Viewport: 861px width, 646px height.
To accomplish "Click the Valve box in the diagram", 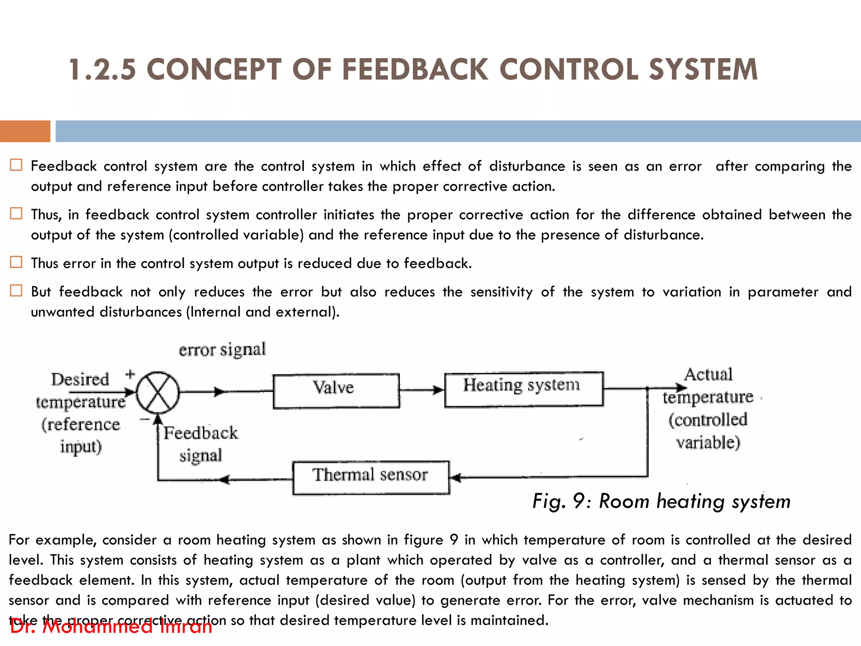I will pyautogui.click(x=336, y=391).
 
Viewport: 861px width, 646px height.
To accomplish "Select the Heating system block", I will pyautogui.click(x=524, y=389).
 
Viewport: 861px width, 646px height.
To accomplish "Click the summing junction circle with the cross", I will pyautogui.click(x=158, y=392).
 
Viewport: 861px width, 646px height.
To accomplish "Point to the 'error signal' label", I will pyautogui.click(x=222, y=349).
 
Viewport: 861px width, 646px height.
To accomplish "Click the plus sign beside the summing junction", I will pyautogui.click(x=130, y=374).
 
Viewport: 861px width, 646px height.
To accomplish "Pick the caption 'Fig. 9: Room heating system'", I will pyautogui.click(x=661, y=501).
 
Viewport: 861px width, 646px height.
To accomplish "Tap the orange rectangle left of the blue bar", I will pyautogui.click(x=25, y=131).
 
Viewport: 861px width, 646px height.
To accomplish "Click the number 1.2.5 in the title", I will pyautogui.click(x=103, y=70).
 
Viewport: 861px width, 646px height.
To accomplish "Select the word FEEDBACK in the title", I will pyautogui.click(x=415, y=70).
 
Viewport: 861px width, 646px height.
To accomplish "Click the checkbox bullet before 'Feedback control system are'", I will pyautogui.click(x=16, y=165).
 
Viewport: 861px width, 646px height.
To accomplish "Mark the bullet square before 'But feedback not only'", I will pyautogui.click(x=16, y=291).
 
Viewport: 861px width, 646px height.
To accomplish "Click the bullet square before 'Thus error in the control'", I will pyautogui.click(x=16, y=262).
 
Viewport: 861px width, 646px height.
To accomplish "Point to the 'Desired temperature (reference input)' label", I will pyautogui.click(x=80, y=413).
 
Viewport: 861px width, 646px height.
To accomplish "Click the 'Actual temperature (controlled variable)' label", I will pyautogui.click(x=708, y=408).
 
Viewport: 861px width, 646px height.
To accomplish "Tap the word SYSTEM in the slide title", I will pyautogui.click(x=703, y=70).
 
